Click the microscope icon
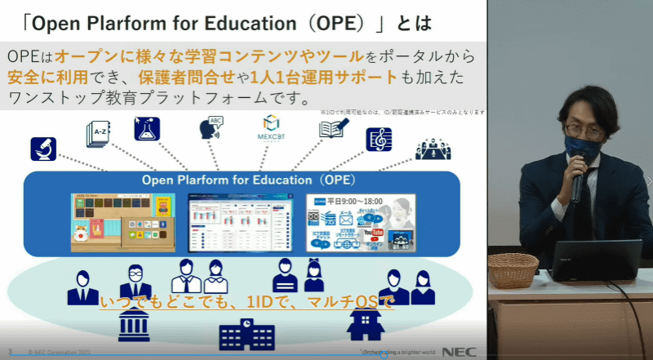pos(42,149)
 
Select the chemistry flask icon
pos(147,129)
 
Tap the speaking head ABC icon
pos(211,129)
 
